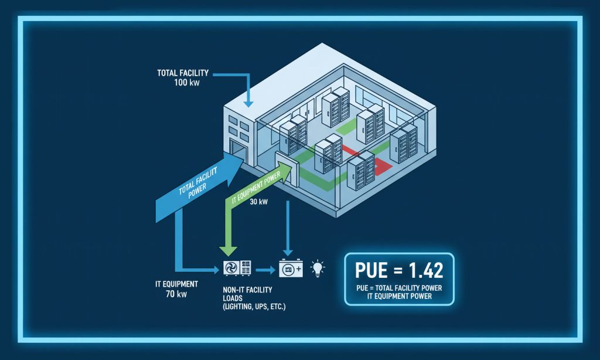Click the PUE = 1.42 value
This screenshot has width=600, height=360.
coord(399,270)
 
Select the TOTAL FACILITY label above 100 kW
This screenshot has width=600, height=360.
coord(183,73)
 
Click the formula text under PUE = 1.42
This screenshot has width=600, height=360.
coord(399,292)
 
